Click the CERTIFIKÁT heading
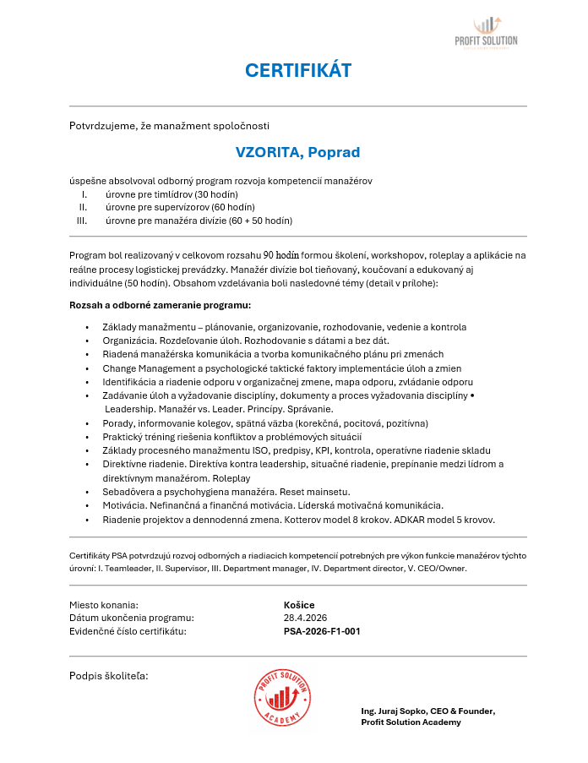click(x=297, y=70)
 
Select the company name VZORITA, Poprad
click(x=297, y=152)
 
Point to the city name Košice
click(x=299, y=605)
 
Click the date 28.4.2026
click(x=305, y=618)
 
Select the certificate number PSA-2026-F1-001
click(x=322, y=630)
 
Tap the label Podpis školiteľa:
click(x=108, y=675)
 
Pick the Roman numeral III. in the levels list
click(x=82, y=221)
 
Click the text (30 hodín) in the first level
click(x=211, y=194)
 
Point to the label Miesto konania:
click(x=103, y=605)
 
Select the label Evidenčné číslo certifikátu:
click(x=127, y=630)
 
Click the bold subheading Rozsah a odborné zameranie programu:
click(x=161, y=305)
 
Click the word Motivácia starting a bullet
click(x=123, y=504)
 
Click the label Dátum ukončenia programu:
click(x=131, y=618)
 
